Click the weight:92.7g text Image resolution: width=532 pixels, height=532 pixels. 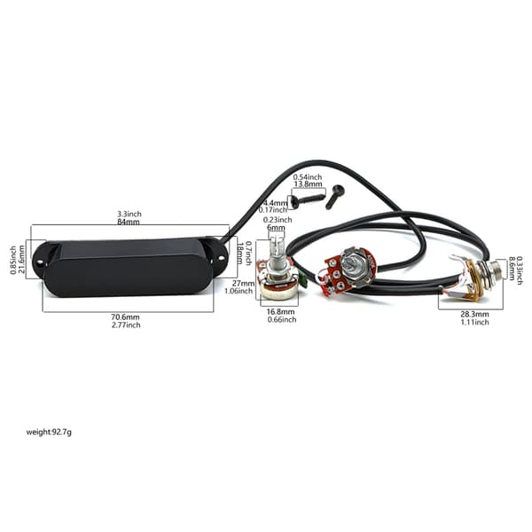pos(49,432)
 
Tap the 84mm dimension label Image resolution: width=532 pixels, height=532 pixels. pos(129,222)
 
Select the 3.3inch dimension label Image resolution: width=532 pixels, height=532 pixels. pos(129,214)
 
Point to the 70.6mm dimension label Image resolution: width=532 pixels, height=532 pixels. pos(126,317)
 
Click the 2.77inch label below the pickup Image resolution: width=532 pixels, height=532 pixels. pos(126,325)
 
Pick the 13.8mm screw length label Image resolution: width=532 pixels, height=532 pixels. pos(308,184)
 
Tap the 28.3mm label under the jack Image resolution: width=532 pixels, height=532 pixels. pos(474,314)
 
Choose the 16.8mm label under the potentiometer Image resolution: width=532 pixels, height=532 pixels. pos(280,311)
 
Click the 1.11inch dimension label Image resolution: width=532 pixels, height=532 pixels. pos(474,322)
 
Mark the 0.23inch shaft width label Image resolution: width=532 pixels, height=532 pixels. pos(278,220)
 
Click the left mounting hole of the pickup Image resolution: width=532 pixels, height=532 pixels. pos(40,262)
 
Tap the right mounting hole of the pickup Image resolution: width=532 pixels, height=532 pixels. pos(221,258)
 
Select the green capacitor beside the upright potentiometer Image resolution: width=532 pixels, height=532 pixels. pos(303,276)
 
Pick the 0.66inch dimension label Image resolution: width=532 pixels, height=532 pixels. pos(282,319)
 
